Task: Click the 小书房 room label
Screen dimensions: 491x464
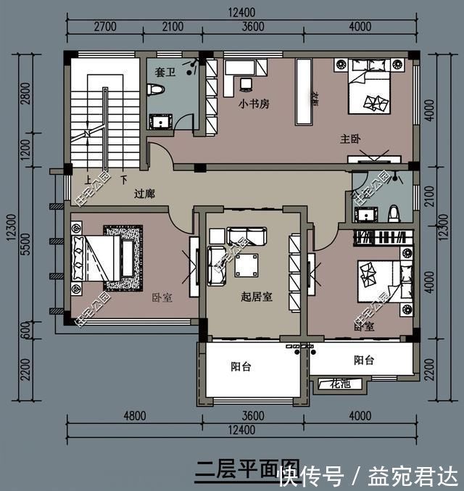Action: (254, 104)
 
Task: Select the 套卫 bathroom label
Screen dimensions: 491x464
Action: (165, 72)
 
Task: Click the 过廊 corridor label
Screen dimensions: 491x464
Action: (145, 194)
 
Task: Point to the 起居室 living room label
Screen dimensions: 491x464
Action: (257, 297)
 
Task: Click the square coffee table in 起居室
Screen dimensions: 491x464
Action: (246, 265)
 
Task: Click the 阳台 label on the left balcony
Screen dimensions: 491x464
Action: (241, 366)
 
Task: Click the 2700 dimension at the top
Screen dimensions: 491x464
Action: (105, 27)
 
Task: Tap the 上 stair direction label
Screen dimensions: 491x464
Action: (87, 179)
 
